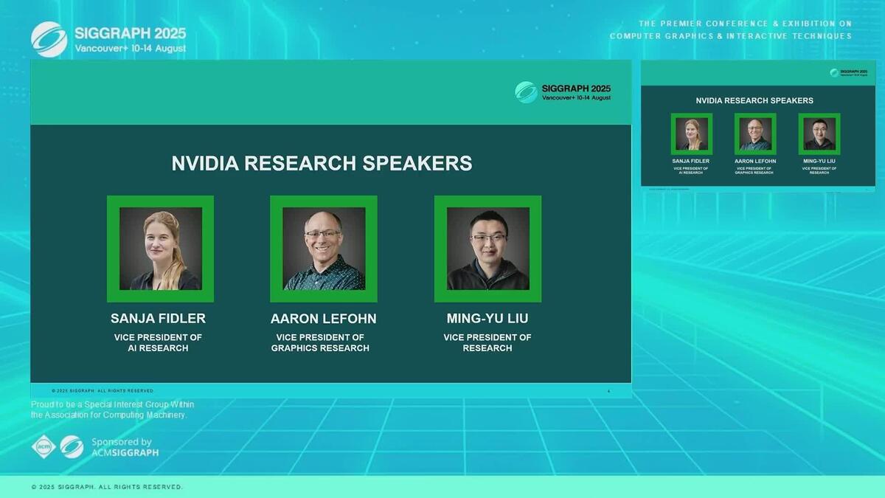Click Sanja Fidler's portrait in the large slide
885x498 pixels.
click(160, 249)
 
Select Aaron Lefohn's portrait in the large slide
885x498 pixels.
click(324, 249)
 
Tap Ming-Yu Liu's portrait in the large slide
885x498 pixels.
click(487, 249)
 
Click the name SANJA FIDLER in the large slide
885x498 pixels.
click(158, 319)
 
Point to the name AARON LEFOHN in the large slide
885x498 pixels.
click(323, 319)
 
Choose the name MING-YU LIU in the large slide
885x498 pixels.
click(487, 319)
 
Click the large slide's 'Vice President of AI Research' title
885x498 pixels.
click(158, 342)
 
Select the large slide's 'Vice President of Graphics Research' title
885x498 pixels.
click(320, 342)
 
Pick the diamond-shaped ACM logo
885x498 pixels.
click(44, 446)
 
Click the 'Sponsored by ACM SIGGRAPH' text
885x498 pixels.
click(125, 447)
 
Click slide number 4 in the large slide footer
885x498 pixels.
click(608, 391)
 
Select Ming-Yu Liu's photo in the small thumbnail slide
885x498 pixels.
click(819, 134)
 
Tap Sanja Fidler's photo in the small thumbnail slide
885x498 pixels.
click(691, 134)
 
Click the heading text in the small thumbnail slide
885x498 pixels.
click(754, 100)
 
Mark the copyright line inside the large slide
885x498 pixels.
click(103, 390)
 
